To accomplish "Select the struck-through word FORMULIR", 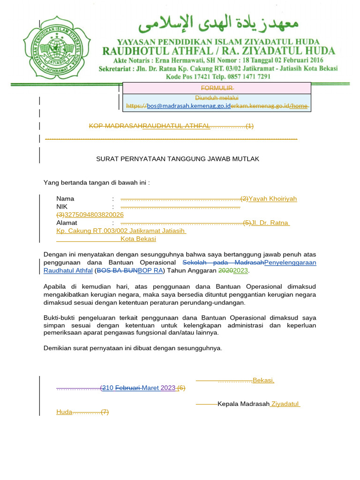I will pos(217,88).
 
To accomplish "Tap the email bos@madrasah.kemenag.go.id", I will pos(188,106).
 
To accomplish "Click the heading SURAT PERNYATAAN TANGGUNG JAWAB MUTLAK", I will pos(178,159).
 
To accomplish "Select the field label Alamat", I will pos(67,223).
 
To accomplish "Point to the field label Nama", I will pos(65,199).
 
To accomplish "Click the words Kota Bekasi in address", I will pos(138,239).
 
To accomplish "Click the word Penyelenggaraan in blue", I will pos(290,262).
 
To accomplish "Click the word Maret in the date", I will pos(150,388).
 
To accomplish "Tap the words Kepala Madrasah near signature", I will pos(243,404).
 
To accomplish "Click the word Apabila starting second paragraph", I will pos(56,286).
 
